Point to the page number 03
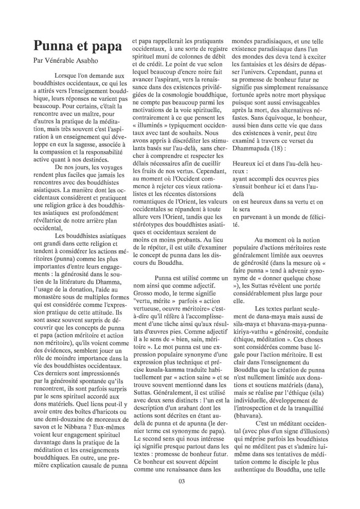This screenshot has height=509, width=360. point(181,481)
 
